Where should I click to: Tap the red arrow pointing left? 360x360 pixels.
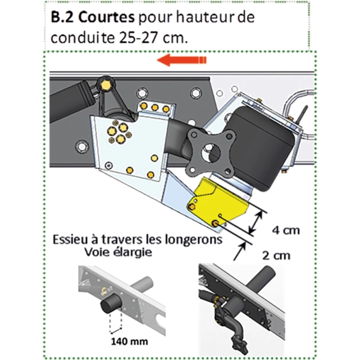[x=181, y=62]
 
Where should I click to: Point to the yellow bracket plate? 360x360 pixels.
[x=217, y=203]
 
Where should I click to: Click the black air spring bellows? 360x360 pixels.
[x=257, y=146]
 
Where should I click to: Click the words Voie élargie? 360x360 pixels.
[x=118, y=252]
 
